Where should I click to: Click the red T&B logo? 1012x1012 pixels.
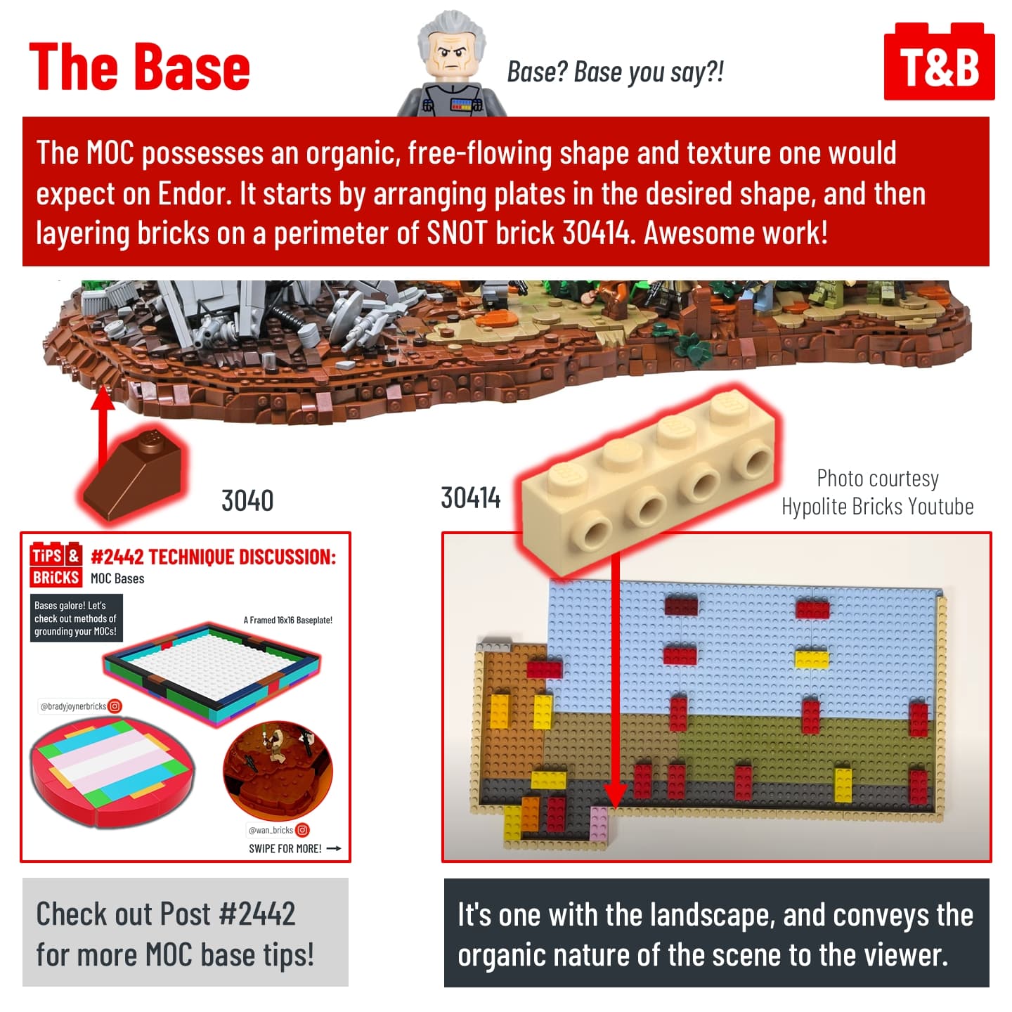point(938,61)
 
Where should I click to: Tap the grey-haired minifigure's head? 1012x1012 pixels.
point(452,47)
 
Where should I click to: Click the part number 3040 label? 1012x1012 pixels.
point(247,500)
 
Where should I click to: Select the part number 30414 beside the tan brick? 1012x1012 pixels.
point(471,498)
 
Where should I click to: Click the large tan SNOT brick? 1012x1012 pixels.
point(649,483)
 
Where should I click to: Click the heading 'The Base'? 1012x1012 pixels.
point(140,67)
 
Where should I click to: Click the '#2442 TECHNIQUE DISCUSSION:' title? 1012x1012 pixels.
point(213,557)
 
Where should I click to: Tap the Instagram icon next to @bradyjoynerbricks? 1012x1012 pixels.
point(115,706)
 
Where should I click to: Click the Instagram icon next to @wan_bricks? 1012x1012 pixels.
point(302,830)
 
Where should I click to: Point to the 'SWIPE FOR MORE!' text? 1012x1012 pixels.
point(285,849)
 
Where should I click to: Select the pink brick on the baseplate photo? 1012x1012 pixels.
point(599,824)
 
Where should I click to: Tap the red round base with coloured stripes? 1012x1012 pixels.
point(112,772)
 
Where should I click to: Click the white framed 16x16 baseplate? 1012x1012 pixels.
point(212,673)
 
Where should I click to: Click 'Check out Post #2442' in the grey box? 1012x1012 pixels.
point(166,914)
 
